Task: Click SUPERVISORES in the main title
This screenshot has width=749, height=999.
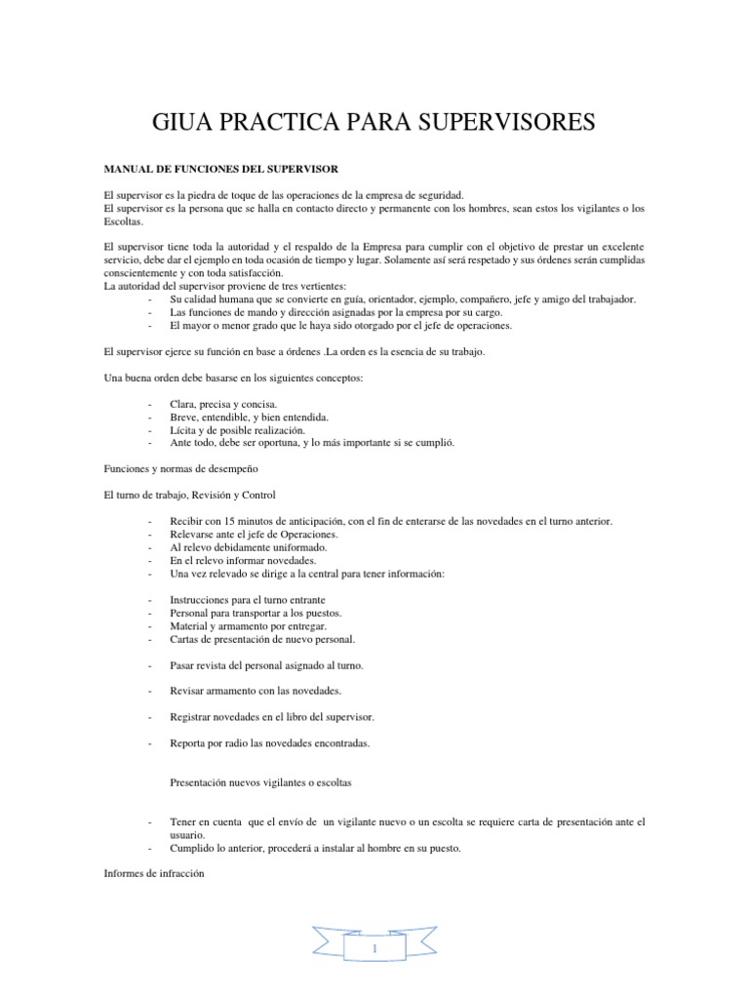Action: (510, 122)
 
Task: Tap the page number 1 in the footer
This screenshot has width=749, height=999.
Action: (375, 947)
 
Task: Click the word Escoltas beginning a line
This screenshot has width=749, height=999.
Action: (124, 221)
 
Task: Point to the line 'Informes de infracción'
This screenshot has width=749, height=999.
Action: (153, 874)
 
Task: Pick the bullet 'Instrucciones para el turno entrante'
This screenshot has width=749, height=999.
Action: (248, 599)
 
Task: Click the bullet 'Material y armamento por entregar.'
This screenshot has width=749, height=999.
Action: (248, 625)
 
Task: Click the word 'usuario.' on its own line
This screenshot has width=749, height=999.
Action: (187, 835)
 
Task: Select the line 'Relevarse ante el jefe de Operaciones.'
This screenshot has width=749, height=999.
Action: (254, 535)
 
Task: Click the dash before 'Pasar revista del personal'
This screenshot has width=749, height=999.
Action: (149, 665)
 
